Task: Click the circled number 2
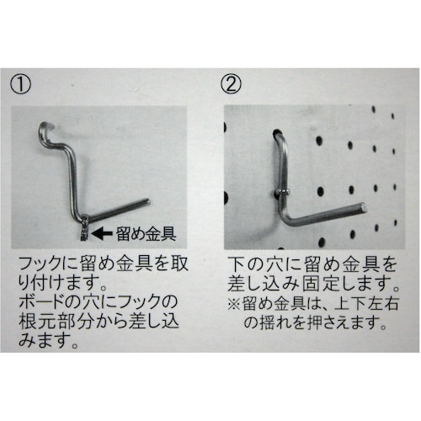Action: pyautogui.click(x=232, y=84)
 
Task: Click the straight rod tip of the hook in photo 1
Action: pyautogui.click(x=147, y=200)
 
